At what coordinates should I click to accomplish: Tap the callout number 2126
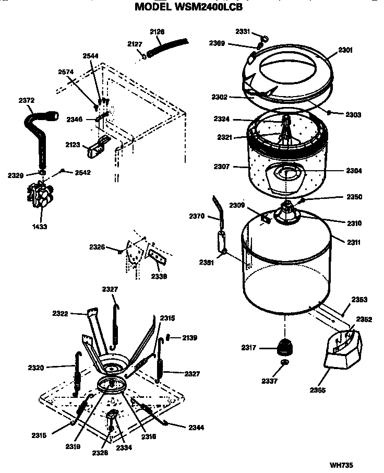[157, 32]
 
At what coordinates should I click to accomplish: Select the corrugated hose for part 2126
[166, 46]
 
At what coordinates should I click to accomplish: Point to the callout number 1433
[39, 227]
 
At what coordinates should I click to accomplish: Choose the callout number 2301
[345, 50]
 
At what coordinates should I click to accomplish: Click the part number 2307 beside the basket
[222, 167]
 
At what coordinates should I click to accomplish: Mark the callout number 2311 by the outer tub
[340, 242]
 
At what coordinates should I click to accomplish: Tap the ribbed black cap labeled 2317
[284, 346]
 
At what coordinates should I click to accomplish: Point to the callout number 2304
[339, 171]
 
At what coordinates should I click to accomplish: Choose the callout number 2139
[189, 338]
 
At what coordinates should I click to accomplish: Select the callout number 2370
[197, 216]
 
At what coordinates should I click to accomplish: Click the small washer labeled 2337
[284, 362]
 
